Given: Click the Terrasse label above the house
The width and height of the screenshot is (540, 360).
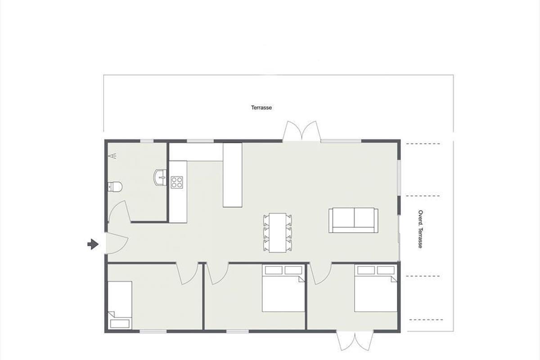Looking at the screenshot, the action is (x=261, y=108).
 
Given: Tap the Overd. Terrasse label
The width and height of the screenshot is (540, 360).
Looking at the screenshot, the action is (x=420, y=229).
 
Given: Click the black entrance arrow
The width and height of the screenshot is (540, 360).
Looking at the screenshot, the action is (x=93, y=244).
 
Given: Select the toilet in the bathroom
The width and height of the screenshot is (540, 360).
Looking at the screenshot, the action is (x=115, y=187).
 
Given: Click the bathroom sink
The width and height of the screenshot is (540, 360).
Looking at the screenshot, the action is (x=160, y=178).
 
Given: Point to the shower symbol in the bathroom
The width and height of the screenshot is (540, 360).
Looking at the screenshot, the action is (x=112, y=156).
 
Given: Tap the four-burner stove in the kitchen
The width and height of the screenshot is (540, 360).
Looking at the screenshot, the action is (x=177, y=182).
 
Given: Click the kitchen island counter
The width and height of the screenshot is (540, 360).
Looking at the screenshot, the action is (x=232, y=175).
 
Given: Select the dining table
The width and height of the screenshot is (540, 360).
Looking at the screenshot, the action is (x=278, y=233).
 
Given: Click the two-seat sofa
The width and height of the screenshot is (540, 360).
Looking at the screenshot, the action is (x=353, y=220).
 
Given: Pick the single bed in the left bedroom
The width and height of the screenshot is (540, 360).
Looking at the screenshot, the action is (x=120, y=305).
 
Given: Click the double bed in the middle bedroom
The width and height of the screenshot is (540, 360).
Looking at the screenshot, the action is (x=283, y=288).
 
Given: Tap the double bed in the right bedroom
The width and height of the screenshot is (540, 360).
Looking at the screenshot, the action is (x=376, y=288).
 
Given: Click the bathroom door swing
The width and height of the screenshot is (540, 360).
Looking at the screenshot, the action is (x=119, y=211).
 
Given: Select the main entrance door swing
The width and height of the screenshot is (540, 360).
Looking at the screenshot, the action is (x=117, y=243).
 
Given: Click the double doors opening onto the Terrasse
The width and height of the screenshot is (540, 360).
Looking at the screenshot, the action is (x=301, y=131).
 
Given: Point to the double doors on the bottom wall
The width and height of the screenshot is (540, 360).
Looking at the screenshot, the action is (x=355, y=342).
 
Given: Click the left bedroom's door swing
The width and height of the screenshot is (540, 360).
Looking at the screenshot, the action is (x=188, y=274).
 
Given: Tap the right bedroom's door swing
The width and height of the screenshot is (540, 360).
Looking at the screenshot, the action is (x=320, y=274).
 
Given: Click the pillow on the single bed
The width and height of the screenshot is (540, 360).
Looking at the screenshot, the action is (x=120, y=324).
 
